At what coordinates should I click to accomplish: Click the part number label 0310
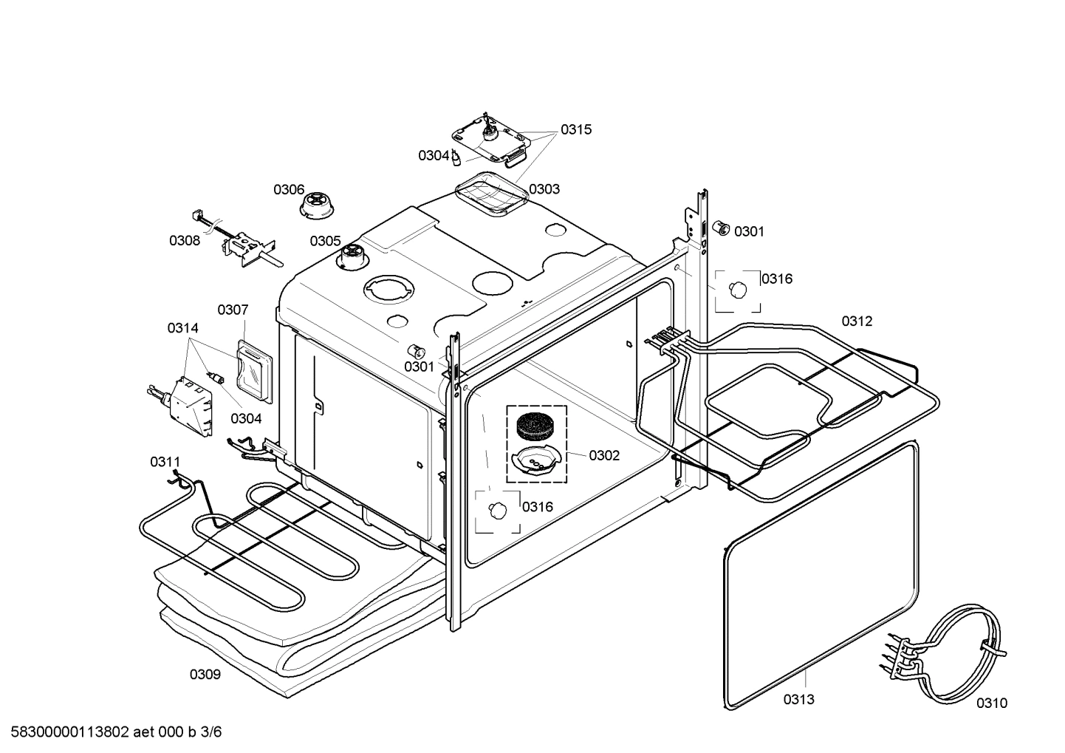pyautogui.click(x=991, y=703)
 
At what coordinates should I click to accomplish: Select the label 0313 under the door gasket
pyautogui.click(x=798, y=699)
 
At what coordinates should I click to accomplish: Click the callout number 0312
pyautogui.click(x=857, y=321)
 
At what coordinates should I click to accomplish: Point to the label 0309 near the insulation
pyautogui.click(x=205, y=674)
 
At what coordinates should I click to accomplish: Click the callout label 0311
pyautogui.click(x=165, y=462)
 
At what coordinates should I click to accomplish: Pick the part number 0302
pyautogui.click(x=604, y=455)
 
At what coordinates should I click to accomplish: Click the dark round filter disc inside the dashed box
pyautogui.click(x=536, y=426)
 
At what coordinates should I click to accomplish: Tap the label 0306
pyautogui.click(x=289, y=190)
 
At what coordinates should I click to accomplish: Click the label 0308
pyautogui.click(x=185, y=240)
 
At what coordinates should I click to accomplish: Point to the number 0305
pyautogui.click(x=325, y=241)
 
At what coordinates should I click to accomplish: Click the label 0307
pyautogui.click(x=233, y=310)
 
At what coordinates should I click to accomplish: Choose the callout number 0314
pyautogui.click(x=182, y=327)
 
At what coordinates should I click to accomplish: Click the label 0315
pyautogui.click(x=575, y=129)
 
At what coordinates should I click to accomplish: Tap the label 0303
pyautogui.click(x=544, y=188)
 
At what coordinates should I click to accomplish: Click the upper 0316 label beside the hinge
pyautogui.click(x=777, y=279)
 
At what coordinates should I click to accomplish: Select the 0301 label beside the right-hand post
pyautogui.click(x=749, y=231)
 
